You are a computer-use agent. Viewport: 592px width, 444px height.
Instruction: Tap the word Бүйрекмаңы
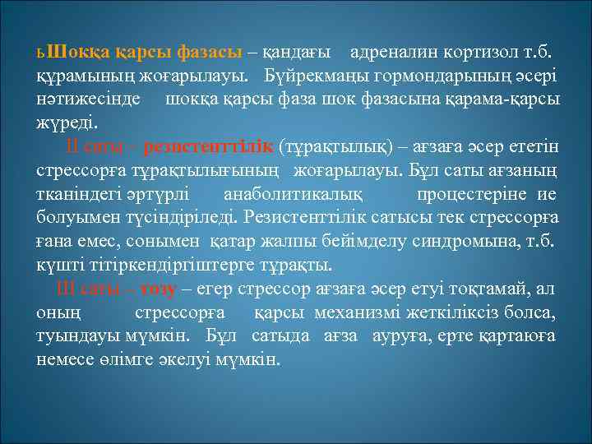[x=317, y=76]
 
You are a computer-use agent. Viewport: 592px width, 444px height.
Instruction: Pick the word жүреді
[x=67, y=123]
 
